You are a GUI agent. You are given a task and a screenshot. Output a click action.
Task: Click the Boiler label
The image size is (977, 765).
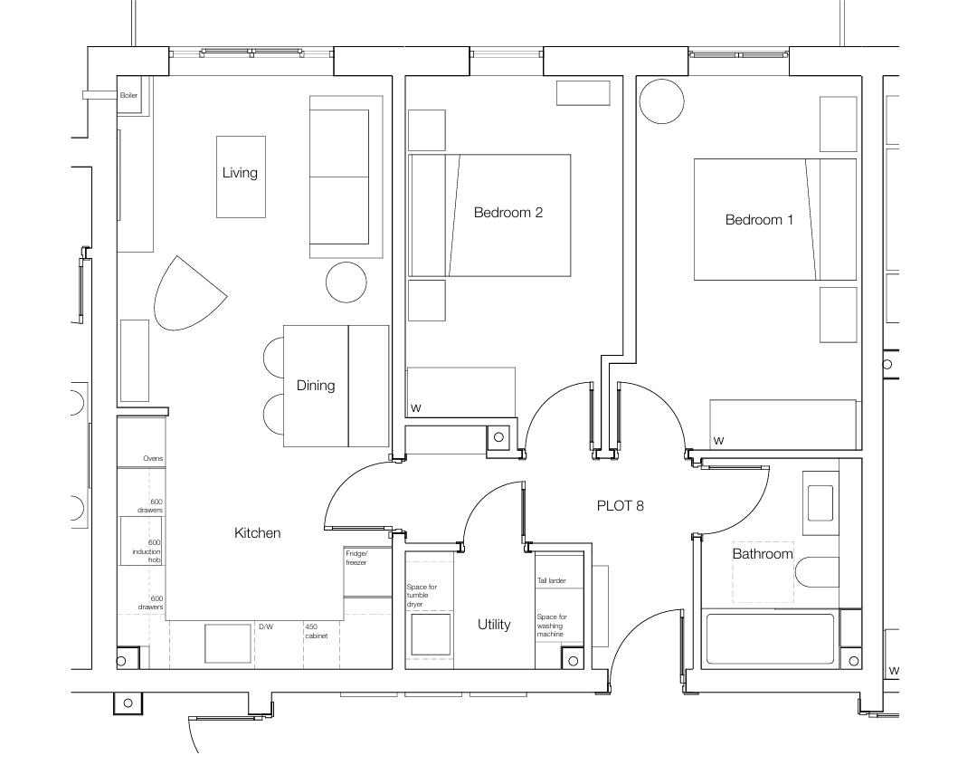(x=128, y=95)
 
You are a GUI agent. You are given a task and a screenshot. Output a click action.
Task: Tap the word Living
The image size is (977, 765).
(x=240, y=173)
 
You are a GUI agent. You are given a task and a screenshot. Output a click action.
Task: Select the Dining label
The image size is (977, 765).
(x=316, y=386)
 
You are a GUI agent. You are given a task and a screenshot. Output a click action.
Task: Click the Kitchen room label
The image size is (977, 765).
(x=258, y=533)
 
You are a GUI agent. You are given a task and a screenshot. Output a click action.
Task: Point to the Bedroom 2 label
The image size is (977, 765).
(x=507, y=213)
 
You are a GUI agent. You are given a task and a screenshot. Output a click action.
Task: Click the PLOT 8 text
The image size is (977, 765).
(x=621, y=506)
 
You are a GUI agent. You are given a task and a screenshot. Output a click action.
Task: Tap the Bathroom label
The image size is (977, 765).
(x=762, y=554)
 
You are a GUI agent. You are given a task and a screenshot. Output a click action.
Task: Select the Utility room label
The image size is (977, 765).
(x=494, y=625)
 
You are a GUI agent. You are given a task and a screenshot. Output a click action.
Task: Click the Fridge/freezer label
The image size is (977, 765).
(x=356, y=558)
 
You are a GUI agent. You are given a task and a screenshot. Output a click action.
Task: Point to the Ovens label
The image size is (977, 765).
(x=153, y=459)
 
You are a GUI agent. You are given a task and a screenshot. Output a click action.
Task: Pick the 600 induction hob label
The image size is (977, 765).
(x=147, y=551)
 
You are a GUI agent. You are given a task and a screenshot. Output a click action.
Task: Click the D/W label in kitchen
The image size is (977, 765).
(x=265, y=626)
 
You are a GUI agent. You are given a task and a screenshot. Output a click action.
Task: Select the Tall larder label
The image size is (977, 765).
(x=551, y=581)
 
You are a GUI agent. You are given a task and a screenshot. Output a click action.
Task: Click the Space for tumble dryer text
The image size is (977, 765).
(x=422, y=596)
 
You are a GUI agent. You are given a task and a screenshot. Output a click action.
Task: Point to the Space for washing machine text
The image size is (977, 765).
(x=551, y=626)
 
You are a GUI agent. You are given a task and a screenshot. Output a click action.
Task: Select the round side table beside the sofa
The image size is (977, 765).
(x=346, y=282)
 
